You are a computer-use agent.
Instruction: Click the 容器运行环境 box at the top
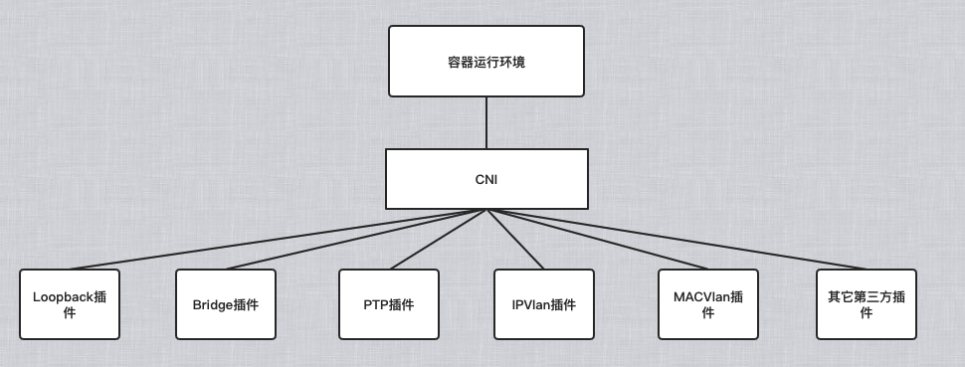click(x=486, y=62)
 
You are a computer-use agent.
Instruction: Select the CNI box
click(x=486, y=180)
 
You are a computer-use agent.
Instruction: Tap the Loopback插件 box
click(x=69, y=304)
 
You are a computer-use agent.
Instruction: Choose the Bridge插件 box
click(x=225, y=304)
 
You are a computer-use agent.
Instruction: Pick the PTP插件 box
click(x=388, y=304)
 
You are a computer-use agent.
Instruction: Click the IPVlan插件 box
click(x=543, y=304)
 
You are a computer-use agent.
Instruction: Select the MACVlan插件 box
click(x=707, y=304)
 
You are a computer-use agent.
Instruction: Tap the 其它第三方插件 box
click(x=866, y=304)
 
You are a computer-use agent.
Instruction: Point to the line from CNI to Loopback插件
click(x=279, y=240)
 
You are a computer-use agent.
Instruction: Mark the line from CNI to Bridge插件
click(x=356, y=240)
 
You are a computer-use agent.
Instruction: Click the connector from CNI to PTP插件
click(x=438, y=240)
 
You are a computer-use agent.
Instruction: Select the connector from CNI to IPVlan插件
click(x=514, y=240)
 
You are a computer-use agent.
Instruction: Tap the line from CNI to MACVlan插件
click(x=597, y=240)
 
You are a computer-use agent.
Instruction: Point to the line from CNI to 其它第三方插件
click(x=676, y=240)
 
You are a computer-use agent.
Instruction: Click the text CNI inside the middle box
click(x=486, y=180)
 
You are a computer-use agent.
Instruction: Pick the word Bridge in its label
click(x=211, y=304)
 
